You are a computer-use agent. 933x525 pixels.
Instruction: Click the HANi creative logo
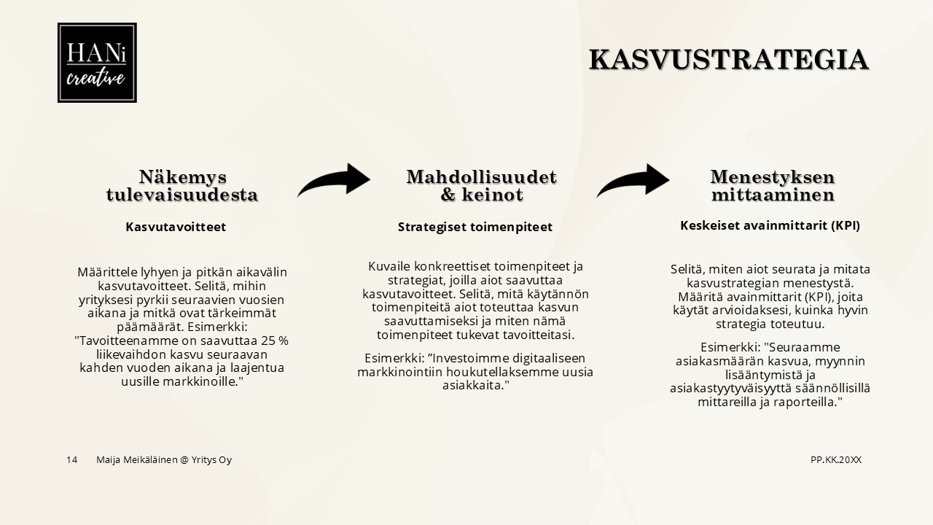tap(97, 63)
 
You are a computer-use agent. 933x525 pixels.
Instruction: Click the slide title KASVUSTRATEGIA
tap(728, 60)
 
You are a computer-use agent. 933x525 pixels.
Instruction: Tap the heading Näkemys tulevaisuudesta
tap(182, 186)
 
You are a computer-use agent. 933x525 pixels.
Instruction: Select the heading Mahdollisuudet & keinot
tap(481, 186)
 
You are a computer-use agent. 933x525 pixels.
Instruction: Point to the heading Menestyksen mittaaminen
tap(773, 186)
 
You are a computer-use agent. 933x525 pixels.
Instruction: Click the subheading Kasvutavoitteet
tap(176, 227)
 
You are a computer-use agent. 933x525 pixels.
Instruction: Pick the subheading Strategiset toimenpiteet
tap(475, 227)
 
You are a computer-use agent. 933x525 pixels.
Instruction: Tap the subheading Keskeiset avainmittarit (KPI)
tap(770, 225)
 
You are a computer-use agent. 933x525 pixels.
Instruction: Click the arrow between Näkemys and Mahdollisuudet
tap(334, 180)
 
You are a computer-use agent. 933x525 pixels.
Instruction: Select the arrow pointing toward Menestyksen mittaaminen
tap(633, 180)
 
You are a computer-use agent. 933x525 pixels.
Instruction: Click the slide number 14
tap(71, 459)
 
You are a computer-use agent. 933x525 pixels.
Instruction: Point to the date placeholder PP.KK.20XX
tap(835, 459)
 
